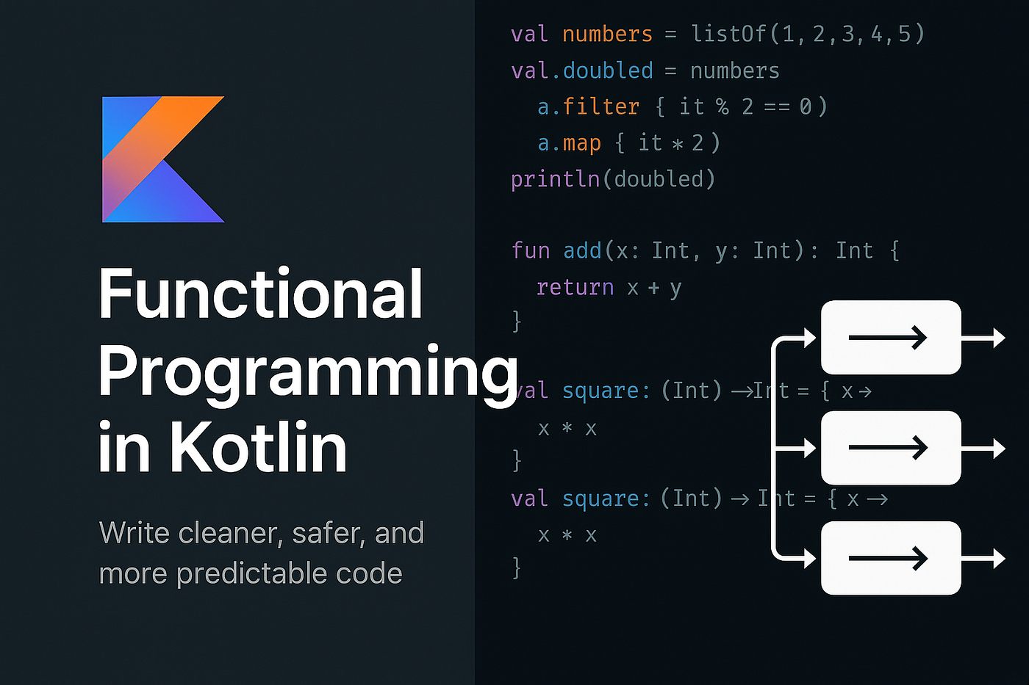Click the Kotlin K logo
click(x=163, y=159)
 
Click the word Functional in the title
click(x=260, y=293)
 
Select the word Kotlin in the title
click(x=258, y=446)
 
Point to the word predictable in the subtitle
click(x=252, y=573)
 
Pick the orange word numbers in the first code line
click(x=607, y=35)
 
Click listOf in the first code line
click(x=728, y=34)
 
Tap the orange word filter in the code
click(x=601, y=106)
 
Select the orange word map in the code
click(x=581, y=143)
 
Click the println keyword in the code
click(x=556, y=179)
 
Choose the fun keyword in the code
click(x=531, y=250)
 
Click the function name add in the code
click(x=582, y=250)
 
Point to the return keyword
click(x=575, y=287)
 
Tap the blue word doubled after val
click(x=608, y=70)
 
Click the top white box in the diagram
click(x=891, y=337)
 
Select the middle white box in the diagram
click(x=891, y=448)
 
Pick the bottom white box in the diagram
click(x=891, y=558)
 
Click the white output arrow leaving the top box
click(x=983, y=338)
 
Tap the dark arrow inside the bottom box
click(x=888, y=559)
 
